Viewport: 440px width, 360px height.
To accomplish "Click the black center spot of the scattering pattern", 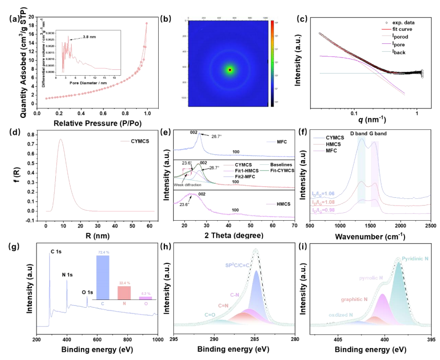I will (230, 69).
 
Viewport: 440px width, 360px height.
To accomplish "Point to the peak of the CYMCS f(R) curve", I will (61, 139).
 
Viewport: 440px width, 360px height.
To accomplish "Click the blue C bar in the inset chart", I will (103, 277).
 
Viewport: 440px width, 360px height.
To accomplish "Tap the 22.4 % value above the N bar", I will (124, 281).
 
